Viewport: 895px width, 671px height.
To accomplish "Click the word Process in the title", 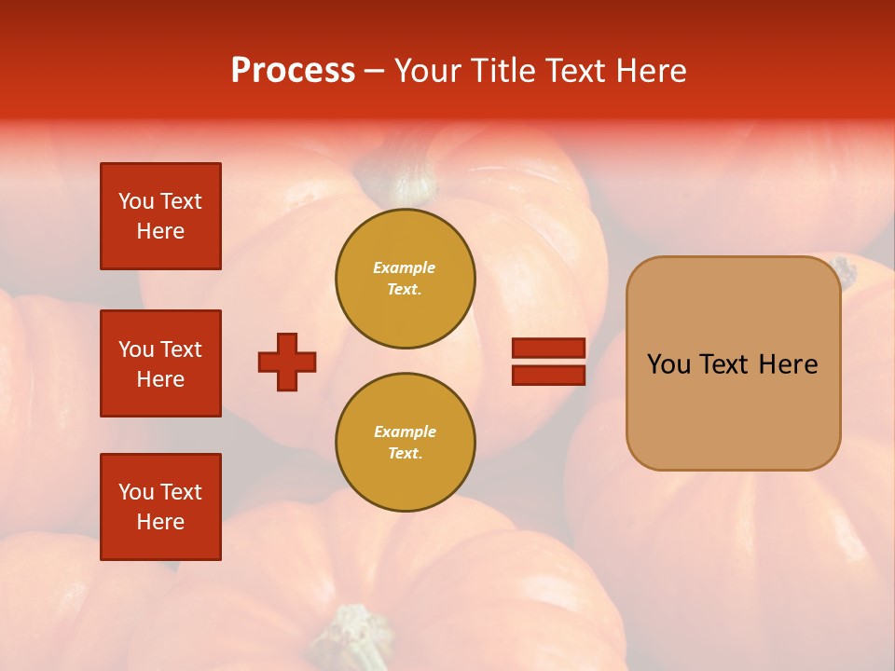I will click(x=293, y=71).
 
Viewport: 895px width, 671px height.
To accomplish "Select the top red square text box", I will click(x=160, y=216).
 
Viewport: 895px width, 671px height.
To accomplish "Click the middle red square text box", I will click(x=160, y=363).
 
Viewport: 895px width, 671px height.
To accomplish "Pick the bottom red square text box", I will click(x=160, y=507).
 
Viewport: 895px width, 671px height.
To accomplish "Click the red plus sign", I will click(x=287, y=362).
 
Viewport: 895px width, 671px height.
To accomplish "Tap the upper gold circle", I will click(x=405, y=279).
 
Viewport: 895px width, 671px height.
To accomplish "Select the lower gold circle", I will click(x=405, y=443).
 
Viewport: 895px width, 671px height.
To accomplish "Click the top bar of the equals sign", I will click(x=548, y=348).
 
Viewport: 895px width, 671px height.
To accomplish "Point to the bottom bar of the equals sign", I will click(x=548, y=376).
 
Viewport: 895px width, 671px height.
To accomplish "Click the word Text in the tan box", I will click(x=726, y=364).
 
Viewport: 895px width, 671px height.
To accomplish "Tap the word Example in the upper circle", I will click(x=405, y=267).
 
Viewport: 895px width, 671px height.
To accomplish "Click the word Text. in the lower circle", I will click(x=405, y=454).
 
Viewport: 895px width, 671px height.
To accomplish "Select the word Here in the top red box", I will click(x=160, y=231).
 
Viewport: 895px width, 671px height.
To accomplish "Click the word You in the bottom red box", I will click(x=136, y=492).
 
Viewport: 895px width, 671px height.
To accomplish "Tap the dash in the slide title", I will click(x=374, y=71).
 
